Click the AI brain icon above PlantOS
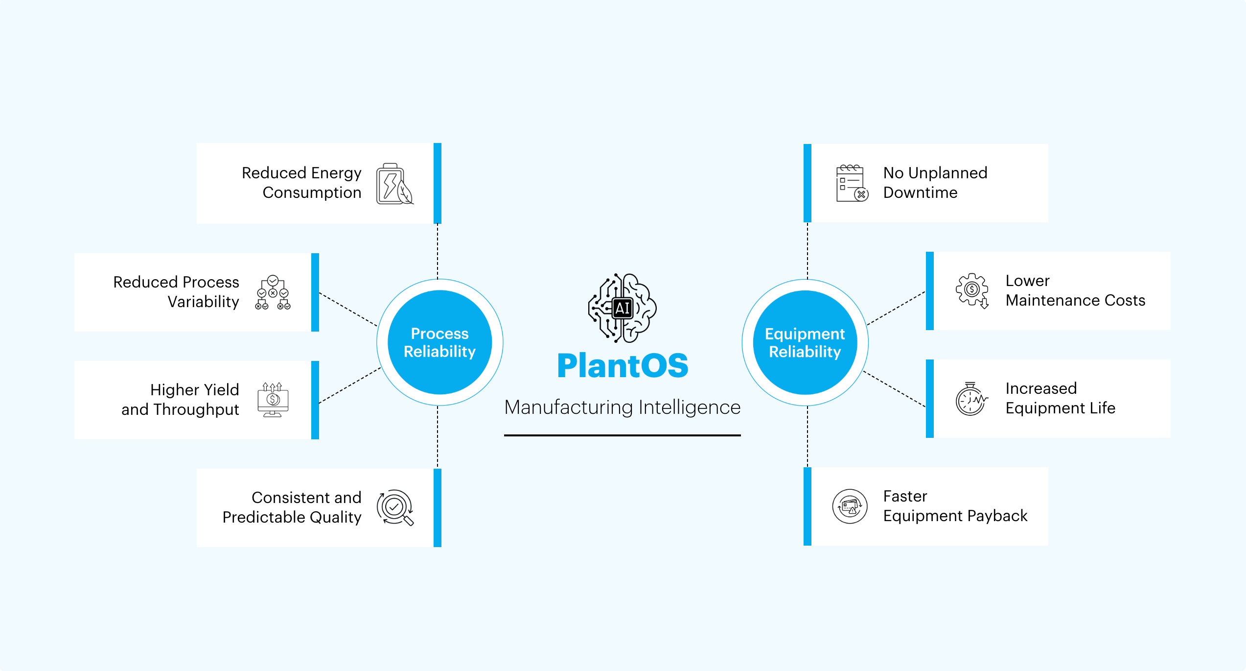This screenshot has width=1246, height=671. pyautogui.click(x=623, y=308)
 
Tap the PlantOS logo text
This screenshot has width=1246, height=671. pyautogui.click(x=623, y=366)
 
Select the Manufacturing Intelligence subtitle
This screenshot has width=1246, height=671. pyautogui.click(x=623, y=407)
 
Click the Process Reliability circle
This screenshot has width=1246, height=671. pyautogui.click(x=439, y=342)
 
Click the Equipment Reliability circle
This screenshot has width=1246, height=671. pyautogui.click(x=805, y=342)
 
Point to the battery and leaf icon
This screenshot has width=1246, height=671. pyautogui.click(x=394, y=184)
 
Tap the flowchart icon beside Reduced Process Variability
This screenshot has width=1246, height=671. pyautogui.click(x=273, y=292)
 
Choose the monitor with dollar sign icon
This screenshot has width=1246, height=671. pyautogui.click(x=273, y=400)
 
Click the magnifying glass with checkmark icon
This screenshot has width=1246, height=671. pyautogui.click(x=395, y=507)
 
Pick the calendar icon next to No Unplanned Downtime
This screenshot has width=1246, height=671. pyautogui.click(x=852, y=183)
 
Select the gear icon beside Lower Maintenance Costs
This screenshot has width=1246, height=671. pyautogui.click(x=972, y=290)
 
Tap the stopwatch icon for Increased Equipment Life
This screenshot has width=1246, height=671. pyautogui.click(x=971, y=399)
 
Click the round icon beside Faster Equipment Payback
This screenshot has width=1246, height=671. pyautogui.click(x=850, y=506)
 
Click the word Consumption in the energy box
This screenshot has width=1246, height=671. pyautogui.click(x=312, y=192)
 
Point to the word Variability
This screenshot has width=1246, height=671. pyautogui.click(x=203, y=302)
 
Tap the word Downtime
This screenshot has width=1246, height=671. pyautogui.click(x=920, y=192)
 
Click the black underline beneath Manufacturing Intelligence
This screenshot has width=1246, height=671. pyautogui.click(x=623, y=435)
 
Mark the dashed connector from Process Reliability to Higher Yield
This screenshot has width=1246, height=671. pyautogui.click(x=350, y=385)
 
